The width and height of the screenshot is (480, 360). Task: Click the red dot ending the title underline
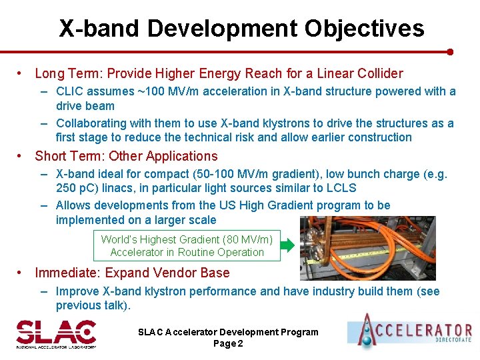coord(450,51)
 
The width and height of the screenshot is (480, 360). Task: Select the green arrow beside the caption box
coord(287,245)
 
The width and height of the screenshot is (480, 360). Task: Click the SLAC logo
coord(56,333)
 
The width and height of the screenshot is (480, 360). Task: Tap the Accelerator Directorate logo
coord(409,331)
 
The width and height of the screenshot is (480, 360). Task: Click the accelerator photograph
coord(367,247)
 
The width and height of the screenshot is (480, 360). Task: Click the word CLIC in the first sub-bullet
coord(71,91)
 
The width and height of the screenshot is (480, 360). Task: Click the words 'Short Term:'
coord(70,156)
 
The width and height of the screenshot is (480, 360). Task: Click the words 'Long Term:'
coord(69,73)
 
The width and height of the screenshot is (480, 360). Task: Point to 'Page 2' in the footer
coord(228,343)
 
